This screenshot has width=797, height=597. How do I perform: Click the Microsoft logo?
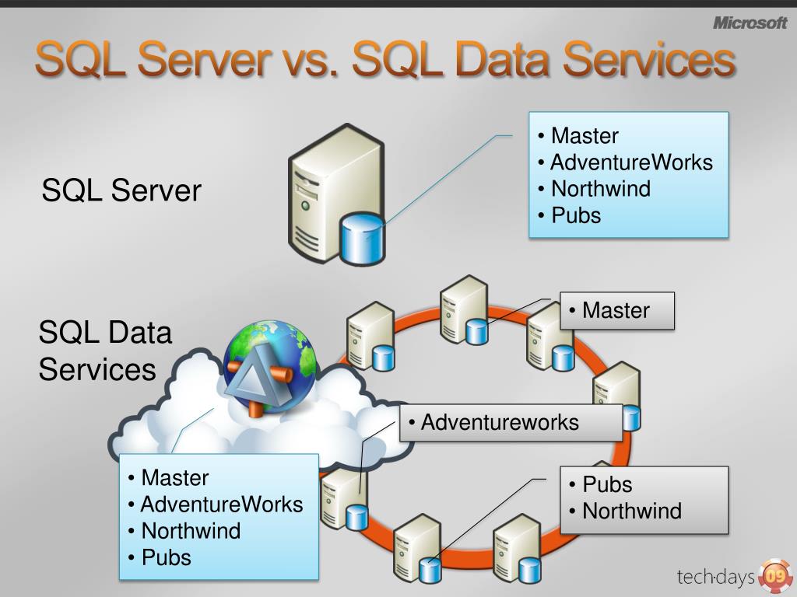pos(750,23)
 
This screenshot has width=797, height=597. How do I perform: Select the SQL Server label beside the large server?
pos(121,190)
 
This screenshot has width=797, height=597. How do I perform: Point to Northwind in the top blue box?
pos(600,189)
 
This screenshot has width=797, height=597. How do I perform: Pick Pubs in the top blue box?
pos(576,215)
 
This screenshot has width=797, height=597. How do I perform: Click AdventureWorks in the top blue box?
pos(631,162)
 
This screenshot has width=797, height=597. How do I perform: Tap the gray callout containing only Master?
pos(616,311)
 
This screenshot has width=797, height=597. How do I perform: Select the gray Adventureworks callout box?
pos(511,422)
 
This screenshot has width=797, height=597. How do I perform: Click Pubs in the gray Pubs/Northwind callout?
pos(607,484)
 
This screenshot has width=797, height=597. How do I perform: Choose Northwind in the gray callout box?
pos(631,511)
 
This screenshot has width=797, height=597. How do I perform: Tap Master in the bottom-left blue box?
pos(174,477)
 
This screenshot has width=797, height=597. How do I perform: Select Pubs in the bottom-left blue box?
pos(166,557)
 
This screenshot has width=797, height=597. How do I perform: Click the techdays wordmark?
pos(715,577)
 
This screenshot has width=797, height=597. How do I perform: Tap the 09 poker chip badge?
pos(774,576)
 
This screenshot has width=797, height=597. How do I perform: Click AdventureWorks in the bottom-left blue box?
pos(221,504)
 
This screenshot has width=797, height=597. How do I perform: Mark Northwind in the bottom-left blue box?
pos(191,531)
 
